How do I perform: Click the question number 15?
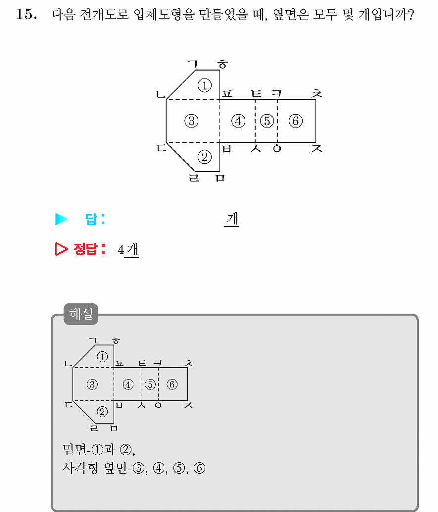click(x=26, y=14)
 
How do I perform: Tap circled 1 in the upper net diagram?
click(x=205, y=86)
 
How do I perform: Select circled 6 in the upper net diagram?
click(x=296, y=121)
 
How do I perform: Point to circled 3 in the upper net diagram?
click(x=192, y=121)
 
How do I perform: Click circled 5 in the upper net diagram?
click(x=267, y=121)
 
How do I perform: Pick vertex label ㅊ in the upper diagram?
click(x=317, y=94)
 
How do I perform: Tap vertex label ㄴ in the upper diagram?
click(x=161, y=95)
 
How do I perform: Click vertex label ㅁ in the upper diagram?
click(x=220, y=178)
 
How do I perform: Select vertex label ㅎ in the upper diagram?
click(x=223, y=64)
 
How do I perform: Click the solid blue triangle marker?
click(x=61, y=219)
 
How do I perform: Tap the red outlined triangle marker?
click(x=61, y=249)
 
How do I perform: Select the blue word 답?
click(x=91, y=219)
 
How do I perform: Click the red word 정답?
click(x=86, y=249)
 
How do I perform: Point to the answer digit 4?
click(x=121, y=250)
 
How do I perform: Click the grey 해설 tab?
click(x=81, y=314)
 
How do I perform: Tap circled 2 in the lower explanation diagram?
click(x=102, y=412)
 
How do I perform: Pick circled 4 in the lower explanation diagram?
click(x=128, y=384)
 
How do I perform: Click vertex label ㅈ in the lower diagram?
click(x=188, y=405)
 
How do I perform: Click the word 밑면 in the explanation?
click(x=75, y=450)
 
